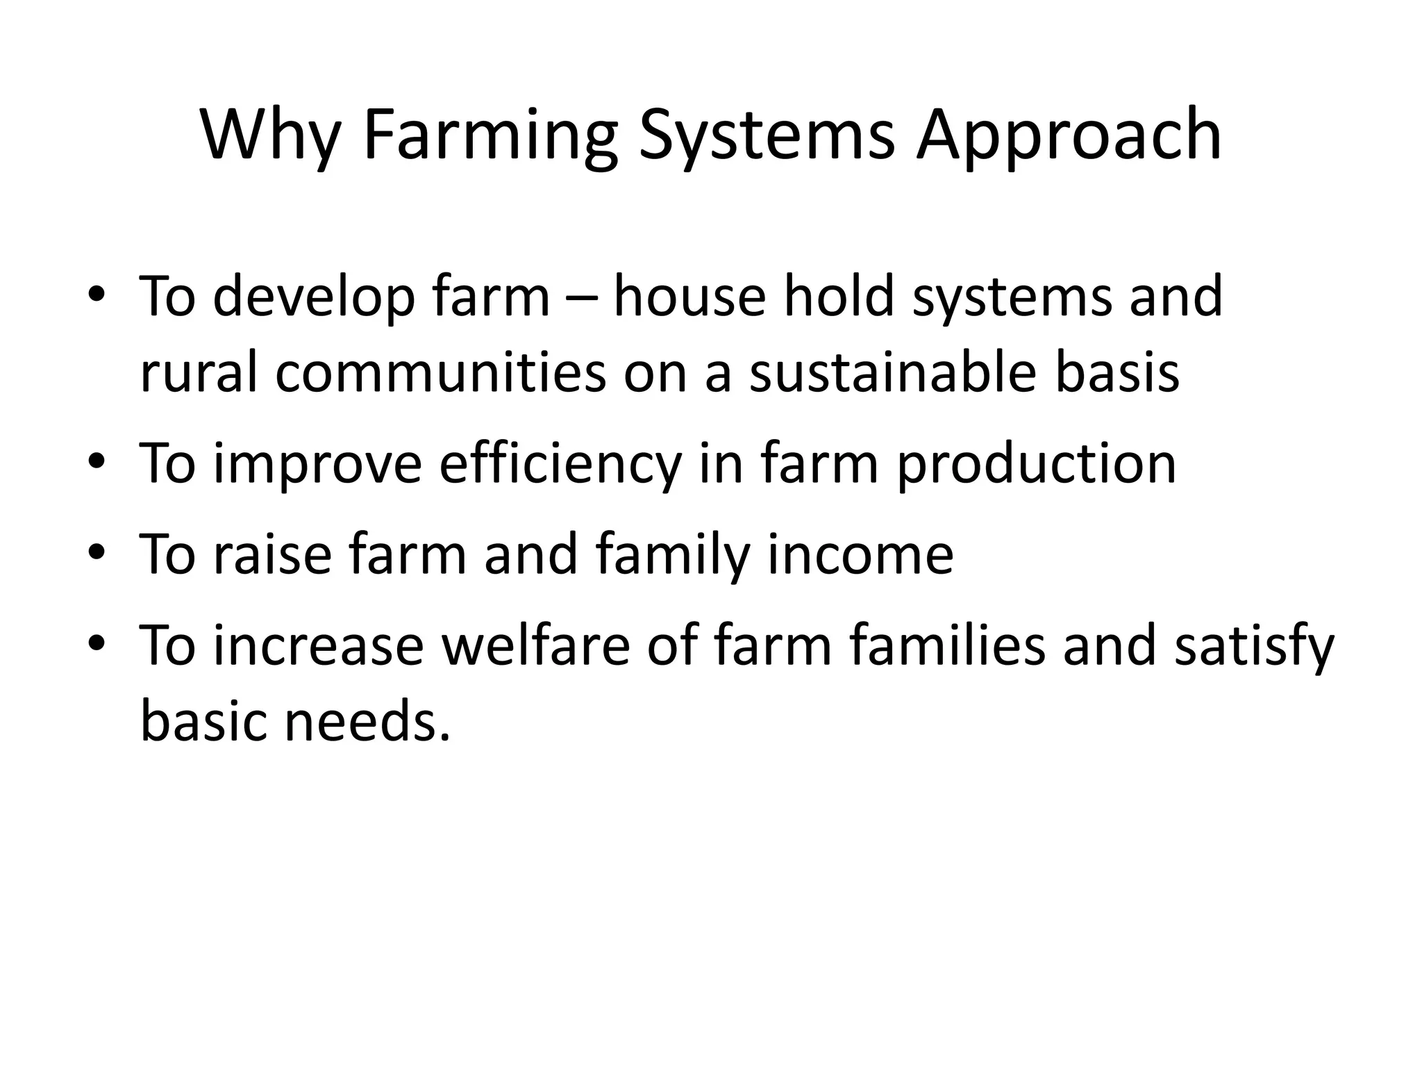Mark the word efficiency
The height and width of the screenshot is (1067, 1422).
pos(560,464)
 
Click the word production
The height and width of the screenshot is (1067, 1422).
pos(1036,464)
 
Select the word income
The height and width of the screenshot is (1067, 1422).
pos(860,554)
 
